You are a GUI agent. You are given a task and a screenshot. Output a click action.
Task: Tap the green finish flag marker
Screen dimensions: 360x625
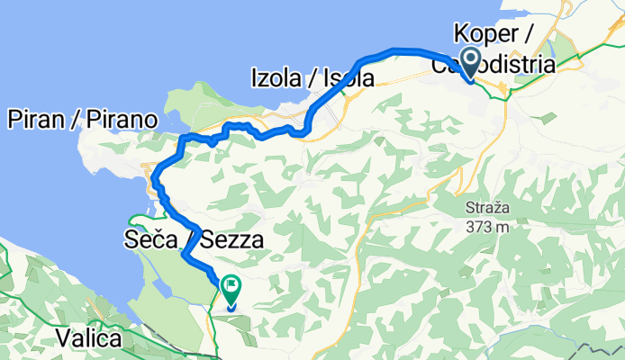click(231, 289)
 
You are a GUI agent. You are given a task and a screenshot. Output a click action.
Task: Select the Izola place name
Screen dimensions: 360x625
click(276, 80)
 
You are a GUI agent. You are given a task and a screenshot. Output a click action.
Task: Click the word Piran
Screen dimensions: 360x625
click(35, 119)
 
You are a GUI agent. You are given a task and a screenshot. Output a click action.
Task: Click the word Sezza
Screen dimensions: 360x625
click(232, 241)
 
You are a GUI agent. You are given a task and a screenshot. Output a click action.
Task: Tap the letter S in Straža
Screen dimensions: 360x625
click(469, 210)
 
